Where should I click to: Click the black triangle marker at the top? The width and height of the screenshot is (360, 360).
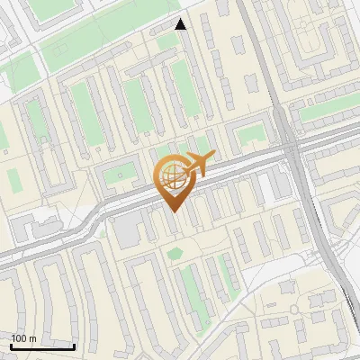click(181, 24)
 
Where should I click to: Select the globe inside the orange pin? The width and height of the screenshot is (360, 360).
click(174, 175)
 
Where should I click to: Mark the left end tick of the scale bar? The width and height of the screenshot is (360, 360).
click(11, 346)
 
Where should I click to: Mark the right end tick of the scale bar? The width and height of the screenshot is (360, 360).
click(74, 346)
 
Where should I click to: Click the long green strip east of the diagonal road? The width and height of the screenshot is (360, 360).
click(326, 112)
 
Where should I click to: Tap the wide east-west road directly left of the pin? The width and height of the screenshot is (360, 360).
click(108, 205)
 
